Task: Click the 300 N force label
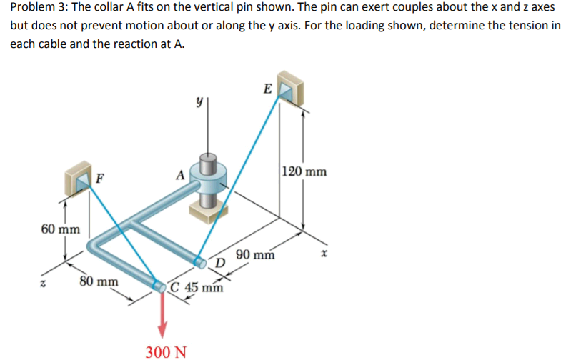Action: (167, 351)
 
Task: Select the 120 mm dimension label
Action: (304, 171)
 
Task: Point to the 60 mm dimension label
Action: (61, 229)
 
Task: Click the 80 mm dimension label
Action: (99, 281)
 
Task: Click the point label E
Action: (267, 89)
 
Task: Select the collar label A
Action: (181, 175)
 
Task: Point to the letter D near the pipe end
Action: (221, 266)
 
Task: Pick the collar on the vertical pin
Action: (209, 182)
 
